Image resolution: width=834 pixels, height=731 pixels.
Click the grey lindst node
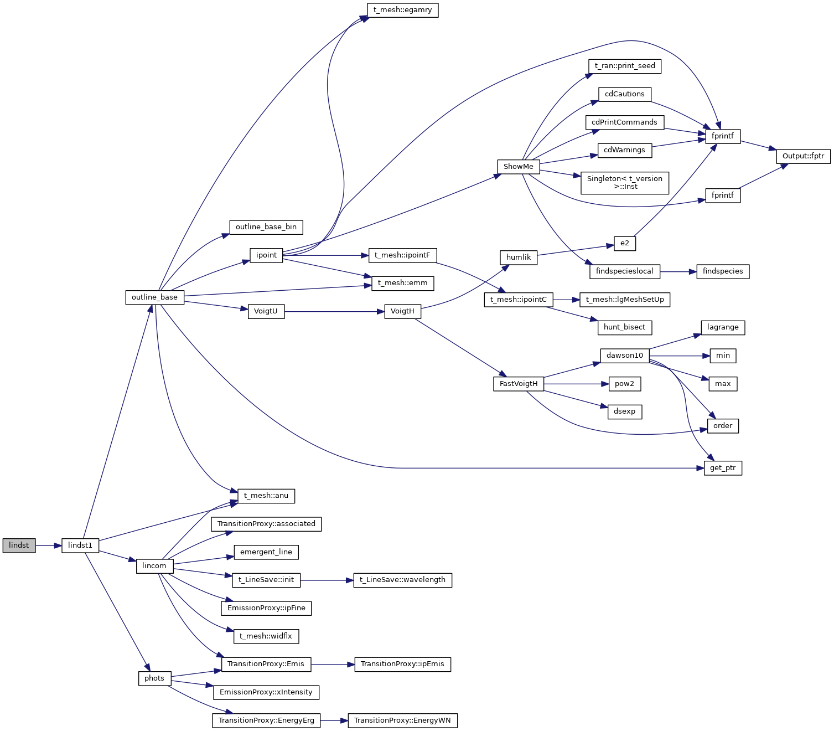pos(19,545)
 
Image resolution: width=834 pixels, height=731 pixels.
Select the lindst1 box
pos(80,545)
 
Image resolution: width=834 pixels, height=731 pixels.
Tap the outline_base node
pos(154,297)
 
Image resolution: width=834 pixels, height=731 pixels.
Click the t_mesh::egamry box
pos(402,10)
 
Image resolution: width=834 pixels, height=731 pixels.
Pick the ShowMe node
pos(518,167)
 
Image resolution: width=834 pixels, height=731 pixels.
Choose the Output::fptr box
pos(803,156)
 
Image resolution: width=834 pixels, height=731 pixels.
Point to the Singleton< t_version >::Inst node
pos(624,183)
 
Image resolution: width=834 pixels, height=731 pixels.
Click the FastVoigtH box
pos(518,384)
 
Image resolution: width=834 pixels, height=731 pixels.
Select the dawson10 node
pos(624,356)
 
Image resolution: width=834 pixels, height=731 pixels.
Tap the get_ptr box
pos(723,468)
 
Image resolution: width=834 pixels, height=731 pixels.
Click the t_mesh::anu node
pos(266,496)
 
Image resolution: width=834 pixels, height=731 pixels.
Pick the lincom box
pos(154,566)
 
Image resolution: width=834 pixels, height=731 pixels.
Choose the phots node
pos(154,678)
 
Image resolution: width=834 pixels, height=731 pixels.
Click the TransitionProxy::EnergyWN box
pos(402,720)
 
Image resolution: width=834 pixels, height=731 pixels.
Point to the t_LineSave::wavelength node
pos(402,580)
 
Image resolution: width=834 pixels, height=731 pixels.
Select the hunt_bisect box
pos(624,327)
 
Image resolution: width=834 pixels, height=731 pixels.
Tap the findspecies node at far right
pos(723,271)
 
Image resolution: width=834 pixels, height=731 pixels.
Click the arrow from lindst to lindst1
pos(48,545)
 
